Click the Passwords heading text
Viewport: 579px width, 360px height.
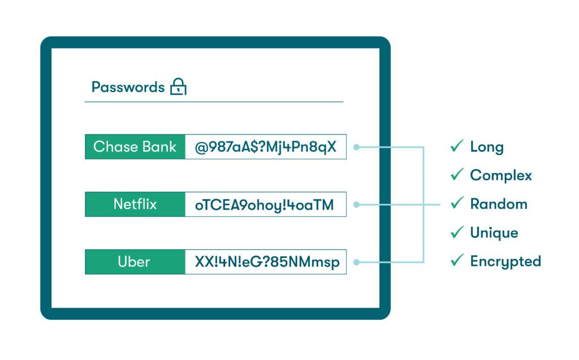click(x=128, y=87)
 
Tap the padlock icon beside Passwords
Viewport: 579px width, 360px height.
click(x=179, y=87)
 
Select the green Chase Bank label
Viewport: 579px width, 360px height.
click(x=135, y=147)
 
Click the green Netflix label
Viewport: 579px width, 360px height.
click(x=135, y=204)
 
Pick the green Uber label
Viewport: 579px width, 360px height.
click(x=134, y=262)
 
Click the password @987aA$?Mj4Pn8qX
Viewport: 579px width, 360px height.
click(x=266, y=147)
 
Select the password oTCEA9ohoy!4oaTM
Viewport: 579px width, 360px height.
click(x=265, y=205)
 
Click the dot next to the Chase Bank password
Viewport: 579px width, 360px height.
click(x=356, y=147)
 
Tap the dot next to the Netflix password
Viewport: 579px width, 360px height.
click(x=356, y=205)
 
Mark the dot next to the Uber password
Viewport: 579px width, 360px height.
click(x=356, y=262)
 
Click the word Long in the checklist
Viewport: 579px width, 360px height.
click(x=487, y=147)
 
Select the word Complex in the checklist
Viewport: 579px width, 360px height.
click(x=501, y=175)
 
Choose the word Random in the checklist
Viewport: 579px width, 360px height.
click(x=499, y=204)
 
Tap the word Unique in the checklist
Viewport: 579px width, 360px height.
click(x=494, y=232)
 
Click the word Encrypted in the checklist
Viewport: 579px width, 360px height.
click(x=505, y=261)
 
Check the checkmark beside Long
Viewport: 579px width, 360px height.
click(x=457, y=146)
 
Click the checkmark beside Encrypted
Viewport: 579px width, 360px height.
click(x=457, y=261)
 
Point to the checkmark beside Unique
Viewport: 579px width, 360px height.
click(x=457, y=232)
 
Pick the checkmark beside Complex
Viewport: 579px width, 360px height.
click(x=457, y=175)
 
